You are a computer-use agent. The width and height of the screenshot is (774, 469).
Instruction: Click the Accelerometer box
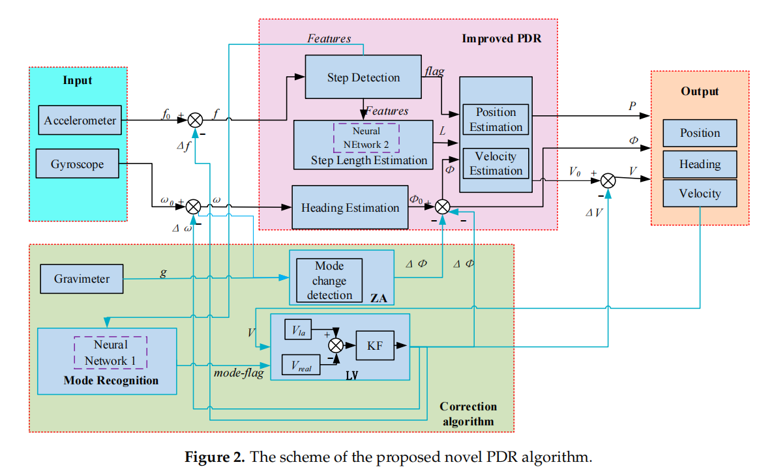(80, 121)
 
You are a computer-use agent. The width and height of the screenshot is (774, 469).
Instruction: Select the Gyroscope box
(77, 164)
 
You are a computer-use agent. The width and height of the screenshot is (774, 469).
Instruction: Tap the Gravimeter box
(82, 279)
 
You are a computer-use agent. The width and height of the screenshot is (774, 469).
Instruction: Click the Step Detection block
(363, 78)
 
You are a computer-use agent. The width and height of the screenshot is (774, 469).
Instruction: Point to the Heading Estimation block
(350, 208)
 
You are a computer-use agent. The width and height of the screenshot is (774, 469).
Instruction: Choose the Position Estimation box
(496, 120)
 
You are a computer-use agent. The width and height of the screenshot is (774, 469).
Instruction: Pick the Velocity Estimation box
(496, 163)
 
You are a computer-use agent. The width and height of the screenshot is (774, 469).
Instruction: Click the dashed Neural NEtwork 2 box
(366, 137)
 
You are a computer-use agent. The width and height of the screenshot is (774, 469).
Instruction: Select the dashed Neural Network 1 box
(110, 352)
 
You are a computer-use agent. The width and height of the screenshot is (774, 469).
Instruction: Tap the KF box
(375, 346)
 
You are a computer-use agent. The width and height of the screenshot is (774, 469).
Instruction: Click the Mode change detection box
(329, 280)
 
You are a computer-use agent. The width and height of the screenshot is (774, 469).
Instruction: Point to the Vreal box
(301, 365)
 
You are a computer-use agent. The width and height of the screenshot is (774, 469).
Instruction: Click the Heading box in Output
(700, 164)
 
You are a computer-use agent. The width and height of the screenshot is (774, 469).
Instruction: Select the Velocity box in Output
(700, 193)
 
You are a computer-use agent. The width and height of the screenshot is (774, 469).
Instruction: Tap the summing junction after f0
(195, 120)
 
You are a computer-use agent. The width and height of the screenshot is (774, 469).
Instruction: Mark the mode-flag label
(238, 373)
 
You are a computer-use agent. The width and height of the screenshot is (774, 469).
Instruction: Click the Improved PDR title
(501, 38)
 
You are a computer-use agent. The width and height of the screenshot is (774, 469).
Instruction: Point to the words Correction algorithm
(468, 414)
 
